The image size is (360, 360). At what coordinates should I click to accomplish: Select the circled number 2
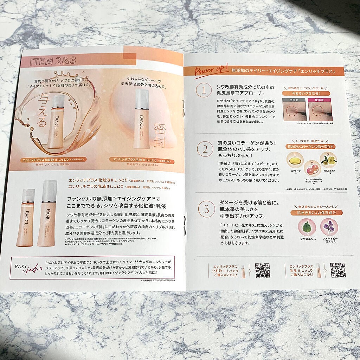(x=205, y=150)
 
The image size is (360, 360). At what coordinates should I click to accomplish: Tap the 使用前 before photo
(x=295, y=111)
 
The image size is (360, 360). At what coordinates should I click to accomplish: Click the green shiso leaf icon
(x=307, y=227)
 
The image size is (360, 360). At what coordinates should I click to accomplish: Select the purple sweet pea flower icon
(x=329, y=227)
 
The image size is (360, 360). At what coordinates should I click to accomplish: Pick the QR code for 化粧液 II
(x=263, y=271)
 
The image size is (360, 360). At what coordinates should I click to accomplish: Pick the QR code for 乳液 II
(x=337, y=270)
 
